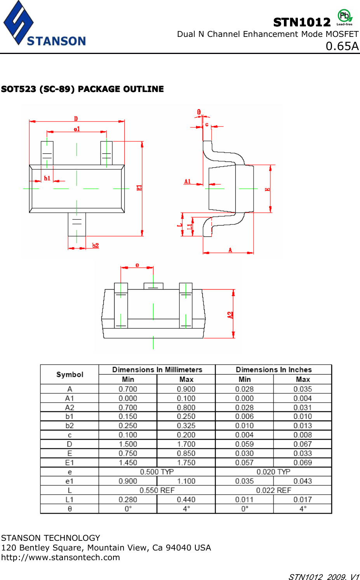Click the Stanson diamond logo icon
point(18,23)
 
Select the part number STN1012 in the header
point(302,23)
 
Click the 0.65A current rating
point(342,46)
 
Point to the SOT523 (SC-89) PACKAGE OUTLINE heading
point(82,89)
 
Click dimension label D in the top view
point(76,118)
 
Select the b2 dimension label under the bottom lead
point(96,245)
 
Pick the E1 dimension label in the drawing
point(139,188)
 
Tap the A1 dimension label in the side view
point(188,181)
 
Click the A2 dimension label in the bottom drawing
point(230,315)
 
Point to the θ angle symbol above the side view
point(199,112)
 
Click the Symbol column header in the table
point(70,375)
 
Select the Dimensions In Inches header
point(273,370)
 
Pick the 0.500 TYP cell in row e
point(157,472)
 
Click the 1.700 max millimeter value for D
point(186,444)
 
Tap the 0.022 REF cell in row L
point(273,490)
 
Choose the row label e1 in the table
point(70,481)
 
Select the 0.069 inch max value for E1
point(303,462)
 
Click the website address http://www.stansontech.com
point(61,557)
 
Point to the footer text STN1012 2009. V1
point(323,577)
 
